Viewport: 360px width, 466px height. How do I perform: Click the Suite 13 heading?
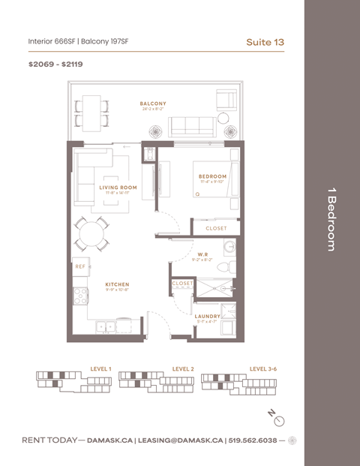click(x=265, y=42)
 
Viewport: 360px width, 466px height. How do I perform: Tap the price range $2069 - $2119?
click(x=55, y=65)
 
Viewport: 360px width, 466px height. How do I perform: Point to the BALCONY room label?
click(x=153, y=104)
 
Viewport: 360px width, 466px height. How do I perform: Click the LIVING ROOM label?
click(x=118, y=188)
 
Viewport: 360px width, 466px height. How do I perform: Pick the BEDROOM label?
click(x=212, y=177)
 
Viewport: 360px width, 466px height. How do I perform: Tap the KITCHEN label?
click(x=117, y=284)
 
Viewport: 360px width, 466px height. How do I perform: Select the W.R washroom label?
click(x=203, y=255)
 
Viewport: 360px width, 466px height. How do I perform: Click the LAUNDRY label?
click(x=207, y=316)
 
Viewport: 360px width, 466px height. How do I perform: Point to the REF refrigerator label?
click(x=80, y=266)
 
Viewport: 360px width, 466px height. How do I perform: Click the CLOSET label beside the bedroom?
click(x=216, y=228)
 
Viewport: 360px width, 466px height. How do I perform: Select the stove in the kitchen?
click(x=80, y=296)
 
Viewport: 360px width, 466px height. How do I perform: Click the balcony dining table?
click(x=92, y=110)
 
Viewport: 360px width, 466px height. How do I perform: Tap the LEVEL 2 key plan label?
click(x=183, y=369)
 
